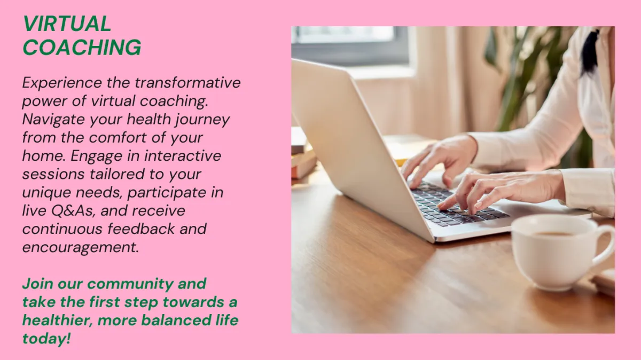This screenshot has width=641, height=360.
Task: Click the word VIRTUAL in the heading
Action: (67, 24)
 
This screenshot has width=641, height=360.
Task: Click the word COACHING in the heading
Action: (82, 47)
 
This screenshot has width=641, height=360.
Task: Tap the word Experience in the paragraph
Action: (62, 83)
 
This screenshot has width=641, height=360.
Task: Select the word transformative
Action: (187, 82)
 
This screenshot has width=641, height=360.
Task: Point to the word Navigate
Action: (53, 120)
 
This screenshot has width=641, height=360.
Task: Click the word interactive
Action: (183, 155)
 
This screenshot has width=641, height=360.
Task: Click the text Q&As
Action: (73, 211)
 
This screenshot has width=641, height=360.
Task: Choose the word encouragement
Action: (81, 248)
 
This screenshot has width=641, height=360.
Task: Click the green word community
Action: (130, 284)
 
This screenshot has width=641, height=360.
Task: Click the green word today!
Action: (46, 339)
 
